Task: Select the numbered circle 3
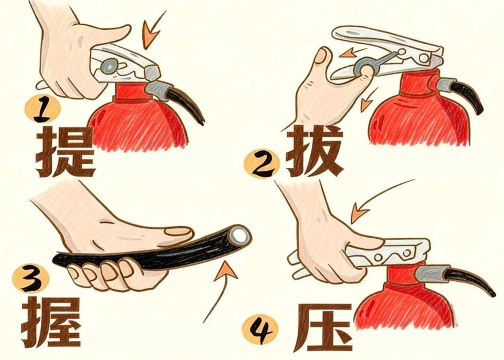coord(30,278)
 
